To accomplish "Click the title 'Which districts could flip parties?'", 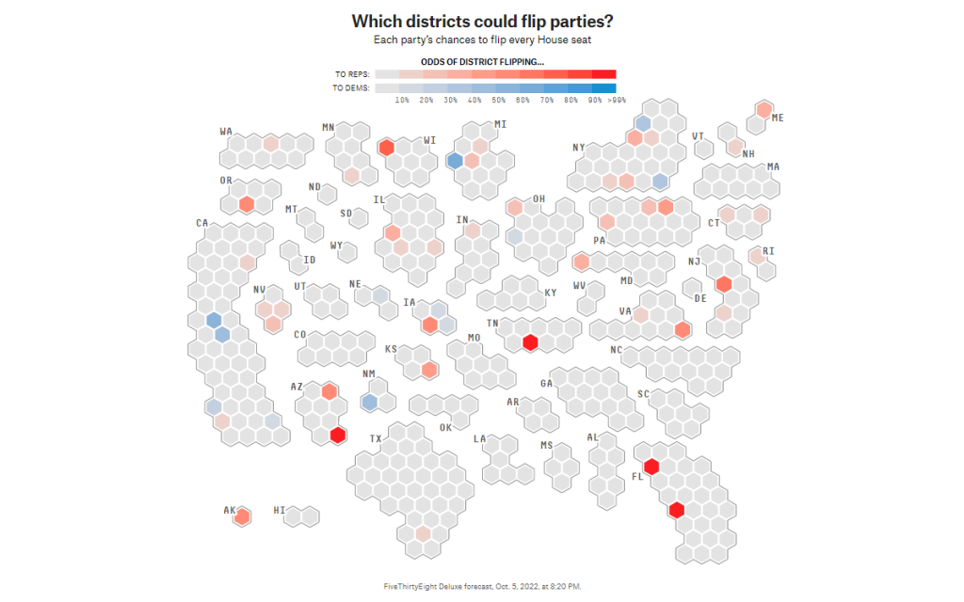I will [x=482, y=21].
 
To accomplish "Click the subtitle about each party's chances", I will [x=482, y=40].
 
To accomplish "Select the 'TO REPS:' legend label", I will [x=353, y=74].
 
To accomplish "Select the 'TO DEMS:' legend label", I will [x=352, y=88].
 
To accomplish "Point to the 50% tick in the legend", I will [x=499, y=99].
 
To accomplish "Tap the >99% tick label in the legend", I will [x=617, y=99].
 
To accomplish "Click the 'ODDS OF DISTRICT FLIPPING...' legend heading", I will [x=482, y=62].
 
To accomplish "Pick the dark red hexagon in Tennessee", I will [x=530, y=341].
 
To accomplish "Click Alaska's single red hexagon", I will [x=243, y=515].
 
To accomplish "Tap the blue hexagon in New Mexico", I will [x=369, y=402].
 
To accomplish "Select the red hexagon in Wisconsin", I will [x=386, y=148].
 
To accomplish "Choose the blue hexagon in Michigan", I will [x=455, y=161].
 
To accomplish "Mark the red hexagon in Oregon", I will [x=247, y=204].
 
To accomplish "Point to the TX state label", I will [x=376, y=439].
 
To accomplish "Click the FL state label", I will [x=636, y=476].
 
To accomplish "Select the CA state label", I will [x=201, y=223].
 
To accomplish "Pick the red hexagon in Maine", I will [x=764, y=109].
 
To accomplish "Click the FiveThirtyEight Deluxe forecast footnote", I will [x=482, y=586].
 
